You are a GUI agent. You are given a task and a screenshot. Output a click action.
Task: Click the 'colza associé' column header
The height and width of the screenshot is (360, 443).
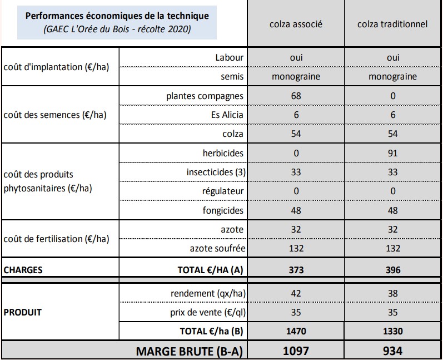point(296,24)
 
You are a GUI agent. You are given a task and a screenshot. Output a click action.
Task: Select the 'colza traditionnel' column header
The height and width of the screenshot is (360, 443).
point(392,24)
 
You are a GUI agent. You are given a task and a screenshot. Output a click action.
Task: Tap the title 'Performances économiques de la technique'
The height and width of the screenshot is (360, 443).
point(117,16)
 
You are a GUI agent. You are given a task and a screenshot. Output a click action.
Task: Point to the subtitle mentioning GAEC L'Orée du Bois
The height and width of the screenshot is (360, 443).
point(117,29)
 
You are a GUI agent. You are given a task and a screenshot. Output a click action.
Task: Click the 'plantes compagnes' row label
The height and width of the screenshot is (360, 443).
point(205,96)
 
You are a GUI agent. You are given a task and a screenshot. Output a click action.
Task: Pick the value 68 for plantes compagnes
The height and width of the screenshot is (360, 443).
point(296,96)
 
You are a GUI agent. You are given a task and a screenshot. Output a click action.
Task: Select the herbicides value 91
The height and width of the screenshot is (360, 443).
point(392,153)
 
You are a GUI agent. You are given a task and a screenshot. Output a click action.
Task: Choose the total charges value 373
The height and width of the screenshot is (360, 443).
point(296,270)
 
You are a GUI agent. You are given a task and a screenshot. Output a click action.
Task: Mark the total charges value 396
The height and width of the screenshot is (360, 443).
point(392,270)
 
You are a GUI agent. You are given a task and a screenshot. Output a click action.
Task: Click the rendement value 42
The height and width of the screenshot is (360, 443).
point(296,293)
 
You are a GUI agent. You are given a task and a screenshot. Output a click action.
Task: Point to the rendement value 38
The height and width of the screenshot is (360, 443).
point(392,293)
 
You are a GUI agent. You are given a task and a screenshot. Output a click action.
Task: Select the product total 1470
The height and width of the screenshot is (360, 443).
point(296,332)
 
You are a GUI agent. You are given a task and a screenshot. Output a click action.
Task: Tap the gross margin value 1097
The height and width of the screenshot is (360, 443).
point(296,351)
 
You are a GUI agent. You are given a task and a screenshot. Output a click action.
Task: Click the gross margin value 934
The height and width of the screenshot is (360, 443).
point(392,351)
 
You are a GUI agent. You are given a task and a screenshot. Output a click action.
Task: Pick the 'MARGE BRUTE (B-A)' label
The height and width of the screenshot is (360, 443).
point(190,351)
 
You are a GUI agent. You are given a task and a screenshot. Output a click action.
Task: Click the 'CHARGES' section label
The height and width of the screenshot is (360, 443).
point(23,270)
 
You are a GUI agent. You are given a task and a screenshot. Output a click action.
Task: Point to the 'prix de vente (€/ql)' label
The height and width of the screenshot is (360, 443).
point(207,313)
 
